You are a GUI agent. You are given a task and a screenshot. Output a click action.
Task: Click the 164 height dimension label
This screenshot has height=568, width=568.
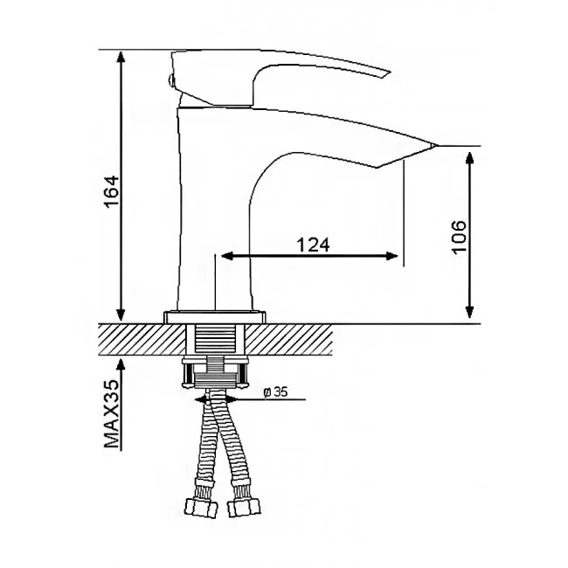coord(112,190)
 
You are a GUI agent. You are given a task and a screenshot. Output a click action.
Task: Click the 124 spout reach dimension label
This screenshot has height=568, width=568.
coord(314,245)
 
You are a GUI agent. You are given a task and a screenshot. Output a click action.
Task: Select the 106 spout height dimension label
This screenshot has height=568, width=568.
coord(459,237)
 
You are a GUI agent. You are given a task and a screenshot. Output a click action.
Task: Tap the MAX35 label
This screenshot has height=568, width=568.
coord(112,413)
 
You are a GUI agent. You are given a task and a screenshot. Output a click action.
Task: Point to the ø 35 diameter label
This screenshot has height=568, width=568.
coord(275,392)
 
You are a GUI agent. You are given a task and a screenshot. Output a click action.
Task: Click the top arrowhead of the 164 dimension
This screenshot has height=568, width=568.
coord(121,57)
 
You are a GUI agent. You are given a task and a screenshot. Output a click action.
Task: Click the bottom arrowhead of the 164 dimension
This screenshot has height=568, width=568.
coord(121,314)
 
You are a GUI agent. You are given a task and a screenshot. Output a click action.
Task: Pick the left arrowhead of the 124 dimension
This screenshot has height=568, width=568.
coord(226,256)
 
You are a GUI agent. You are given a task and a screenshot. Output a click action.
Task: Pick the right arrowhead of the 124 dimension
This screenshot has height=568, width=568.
coord(392,256)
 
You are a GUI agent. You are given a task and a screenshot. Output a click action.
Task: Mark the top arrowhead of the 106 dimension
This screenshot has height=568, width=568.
coord(469,159)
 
